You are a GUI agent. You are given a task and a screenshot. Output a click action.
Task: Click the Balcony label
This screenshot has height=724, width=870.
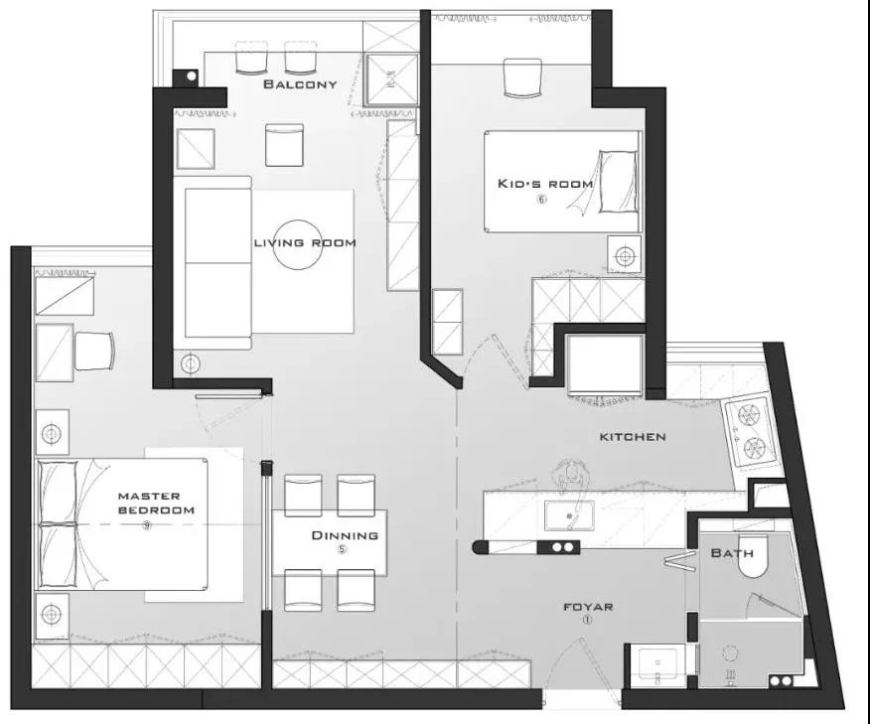pyautogui.click(x=300, y=84)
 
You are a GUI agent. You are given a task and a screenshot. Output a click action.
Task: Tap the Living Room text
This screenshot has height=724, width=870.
pyautogui.click(x=305, y=243)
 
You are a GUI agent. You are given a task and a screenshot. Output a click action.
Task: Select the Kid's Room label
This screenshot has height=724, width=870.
pyautogui.click(x=545, y=184)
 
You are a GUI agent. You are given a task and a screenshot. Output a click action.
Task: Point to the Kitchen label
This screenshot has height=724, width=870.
pyautogui.click(x=633, y=437)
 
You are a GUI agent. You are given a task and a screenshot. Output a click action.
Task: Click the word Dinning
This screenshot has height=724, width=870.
pyautogui.click(x=345, y=535)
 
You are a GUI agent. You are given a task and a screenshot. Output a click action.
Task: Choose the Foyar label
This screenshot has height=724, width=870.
pyautogui.click(x=588, y=607)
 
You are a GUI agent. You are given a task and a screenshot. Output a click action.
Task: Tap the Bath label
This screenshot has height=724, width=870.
pyautogui.click(x=732, y=553)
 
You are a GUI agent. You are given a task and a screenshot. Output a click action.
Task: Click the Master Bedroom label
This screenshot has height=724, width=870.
pyautogui.click(x=157, y=503)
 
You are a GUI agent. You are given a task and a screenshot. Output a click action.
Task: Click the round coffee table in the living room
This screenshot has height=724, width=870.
pyautogui.click(x=298, y=244)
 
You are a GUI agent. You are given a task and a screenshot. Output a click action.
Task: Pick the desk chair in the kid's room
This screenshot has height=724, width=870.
pyautogui.click(x=522, y=77)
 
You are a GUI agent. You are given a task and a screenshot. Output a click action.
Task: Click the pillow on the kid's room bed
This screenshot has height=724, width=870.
pyautogui.click(x=618, y=181)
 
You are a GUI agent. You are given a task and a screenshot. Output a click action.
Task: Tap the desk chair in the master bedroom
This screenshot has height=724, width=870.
pyautogui.click(x=94, y=351)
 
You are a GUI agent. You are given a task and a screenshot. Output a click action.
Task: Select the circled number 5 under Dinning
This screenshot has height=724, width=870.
pyautogui.click(x=343, y=550)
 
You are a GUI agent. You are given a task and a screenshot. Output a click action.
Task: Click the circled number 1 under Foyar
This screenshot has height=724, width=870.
pyautogui.click(x=587, y=621)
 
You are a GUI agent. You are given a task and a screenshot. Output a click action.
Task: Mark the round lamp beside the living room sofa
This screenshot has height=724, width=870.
pyautogui.click(x=191, y=363)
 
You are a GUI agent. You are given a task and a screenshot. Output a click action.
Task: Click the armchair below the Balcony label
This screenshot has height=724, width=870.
pyautogui.click(x=284, y=145)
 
